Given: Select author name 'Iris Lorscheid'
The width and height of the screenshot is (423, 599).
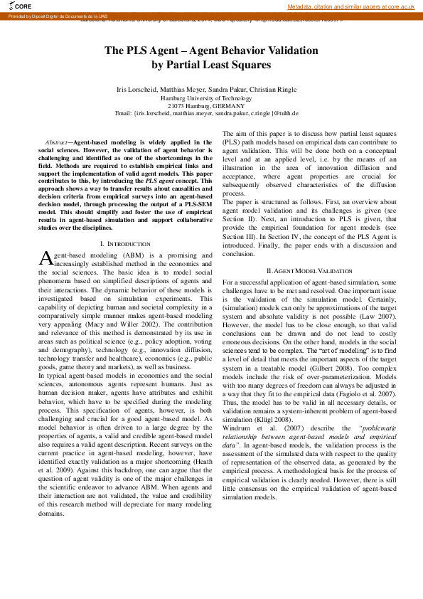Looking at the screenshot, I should pyautogui.click(x=136, y=90).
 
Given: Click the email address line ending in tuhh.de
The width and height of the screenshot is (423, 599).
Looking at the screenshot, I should pyautogui.click(x=211, y=113).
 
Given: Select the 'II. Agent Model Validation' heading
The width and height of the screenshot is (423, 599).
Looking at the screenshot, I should pyautogui.click(x=309, y=271).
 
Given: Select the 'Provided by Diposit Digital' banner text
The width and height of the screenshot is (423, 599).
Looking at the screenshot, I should pyautogui.click(x=57, y=14).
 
